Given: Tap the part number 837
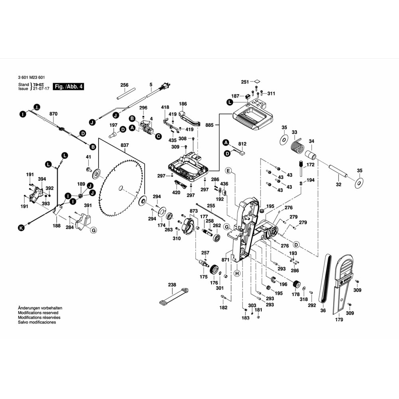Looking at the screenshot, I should [124, 145].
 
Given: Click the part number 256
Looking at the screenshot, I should [124, 85].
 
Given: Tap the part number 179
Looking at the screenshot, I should [339, 320].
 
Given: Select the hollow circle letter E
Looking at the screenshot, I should [229, 171].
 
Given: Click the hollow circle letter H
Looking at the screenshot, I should [237, 273].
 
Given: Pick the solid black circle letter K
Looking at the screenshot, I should [21, 228].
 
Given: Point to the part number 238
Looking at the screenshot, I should [172, 285].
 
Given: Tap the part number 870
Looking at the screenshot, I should [53, 114].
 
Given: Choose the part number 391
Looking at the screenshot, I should [88, 205].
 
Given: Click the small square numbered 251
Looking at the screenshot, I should [257, 81].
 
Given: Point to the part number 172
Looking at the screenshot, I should [310, 164].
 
